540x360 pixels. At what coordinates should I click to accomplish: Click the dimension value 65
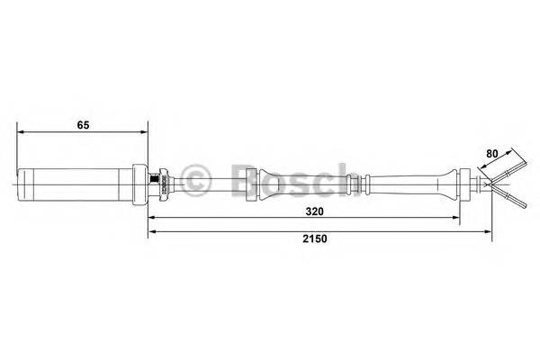click(x=82, y=125)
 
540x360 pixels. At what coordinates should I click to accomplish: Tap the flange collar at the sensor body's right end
click(x=140, y=186)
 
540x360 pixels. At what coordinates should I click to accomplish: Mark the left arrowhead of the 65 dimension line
click(x=22, y=133)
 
